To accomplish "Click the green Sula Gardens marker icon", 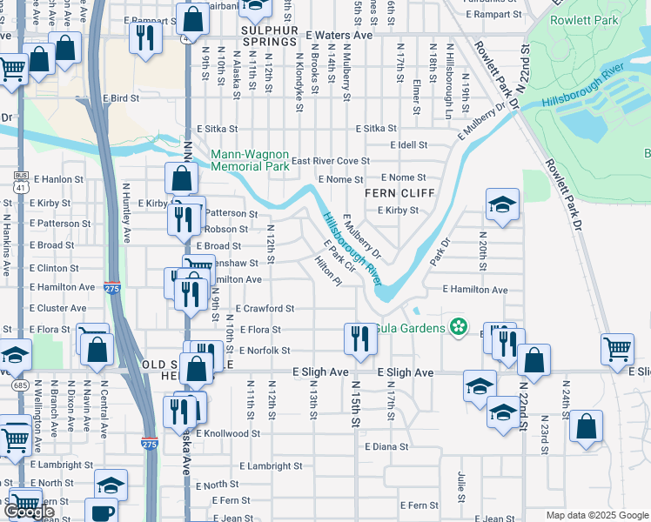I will (x=460, y=328).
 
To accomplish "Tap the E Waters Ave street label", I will (x=339, y=35).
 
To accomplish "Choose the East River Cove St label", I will (x=330, y=161).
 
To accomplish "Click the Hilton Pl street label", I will (x=328, y=278).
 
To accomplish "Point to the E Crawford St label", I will (x=265, y=309).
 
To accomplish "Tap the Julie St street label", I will (x=461, y=481).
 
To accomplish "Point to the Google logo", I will (x=30, y=512).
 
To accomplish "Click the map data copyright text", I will (x=597, y=515).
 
